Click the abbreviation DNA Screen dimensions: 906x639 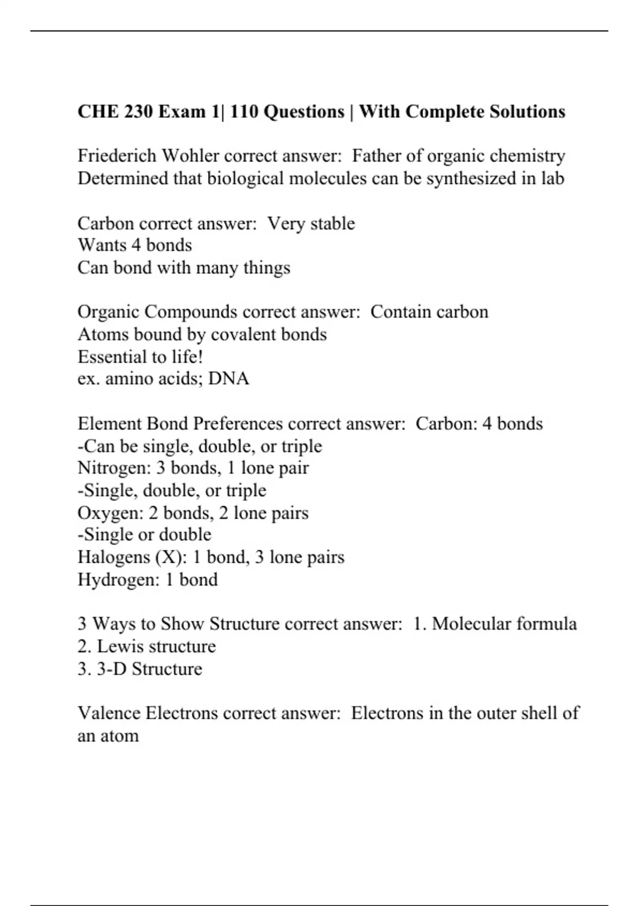tap(228, 379)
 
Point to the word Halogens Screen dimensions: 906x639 tap(113, 557)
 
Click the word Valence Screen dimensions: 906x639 tap(109, 713)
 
